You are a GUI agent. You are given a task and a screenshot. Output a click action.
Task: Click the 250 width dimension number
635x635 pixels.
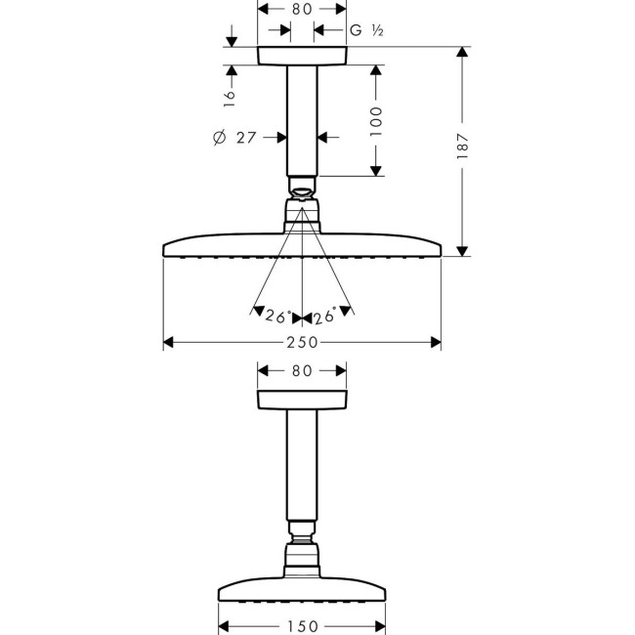[x=302, y=342]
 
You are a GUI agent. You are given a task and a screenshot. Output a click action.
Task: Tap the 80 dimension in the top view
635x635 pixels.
[x=302, y=9]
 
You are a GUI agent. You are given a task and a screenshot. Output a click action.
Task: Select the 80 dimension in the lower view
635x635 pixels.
[x=302, y=371]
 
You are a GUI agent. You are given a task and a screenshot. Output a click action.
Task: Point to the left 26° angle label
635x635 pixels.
[x=277, y=317]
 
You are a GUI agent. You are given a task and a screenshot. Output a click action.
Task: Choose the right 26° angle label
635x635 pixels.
[x=325, y=317]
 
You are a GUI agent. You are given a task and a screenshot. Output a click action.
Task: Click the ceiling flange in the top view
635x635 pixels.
[x=302, y=56]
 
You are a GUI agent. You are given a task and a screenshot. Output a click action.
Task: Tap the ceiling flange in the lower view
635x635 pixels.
[x=302, y=400]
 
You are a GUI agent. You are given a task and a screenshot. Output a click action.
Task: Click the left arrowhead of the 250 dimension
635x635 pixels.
[x=168, y=342]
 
